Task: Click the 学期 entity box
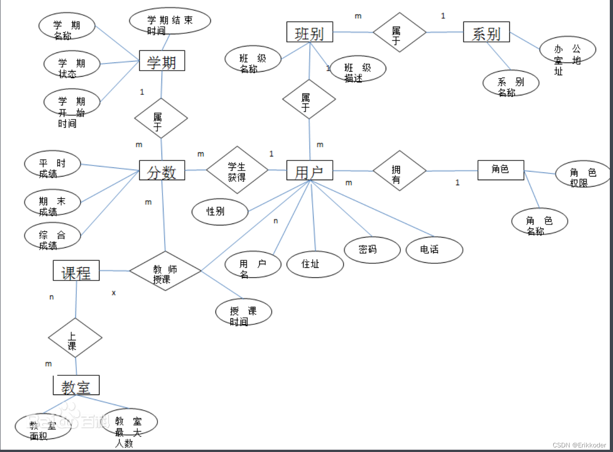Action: tap(162, 61)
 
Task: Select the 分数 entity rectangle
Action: tap(162, 171)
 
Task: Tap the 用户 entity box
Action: tap(309, 171)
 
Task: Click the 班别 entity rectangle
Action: tap(309, 32)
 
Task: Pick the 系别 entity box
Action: tap(486, 32)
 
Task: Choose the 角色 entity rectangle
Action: tap(500, 170)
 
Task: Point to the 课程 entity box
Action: tap(76, 271)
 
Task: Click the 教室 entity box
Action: tap(76, 386)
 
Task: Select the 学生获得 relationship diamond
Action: tap(237, 170)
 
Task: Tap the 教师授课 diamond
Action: tap(165, 271)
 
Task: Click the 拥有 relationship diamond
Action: tap(399, 171)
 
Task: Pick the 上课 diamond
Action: tap(75, 338)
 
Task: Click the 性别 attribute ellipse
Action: tap(220, 212)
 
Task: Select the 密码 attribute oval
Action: tap(372, 249)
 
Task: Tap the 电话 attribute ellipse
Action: tap(434, 249)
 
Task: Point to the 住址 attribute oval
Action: tap(315, 264)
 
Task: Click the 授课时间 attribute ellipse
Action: tap(243, 312)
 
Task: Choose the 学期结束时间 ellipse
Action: tap(170, 21)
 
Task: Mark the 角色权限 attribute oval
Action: tap(582, 174)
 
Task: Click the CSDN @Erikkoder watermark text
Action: tap(579, 445)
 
